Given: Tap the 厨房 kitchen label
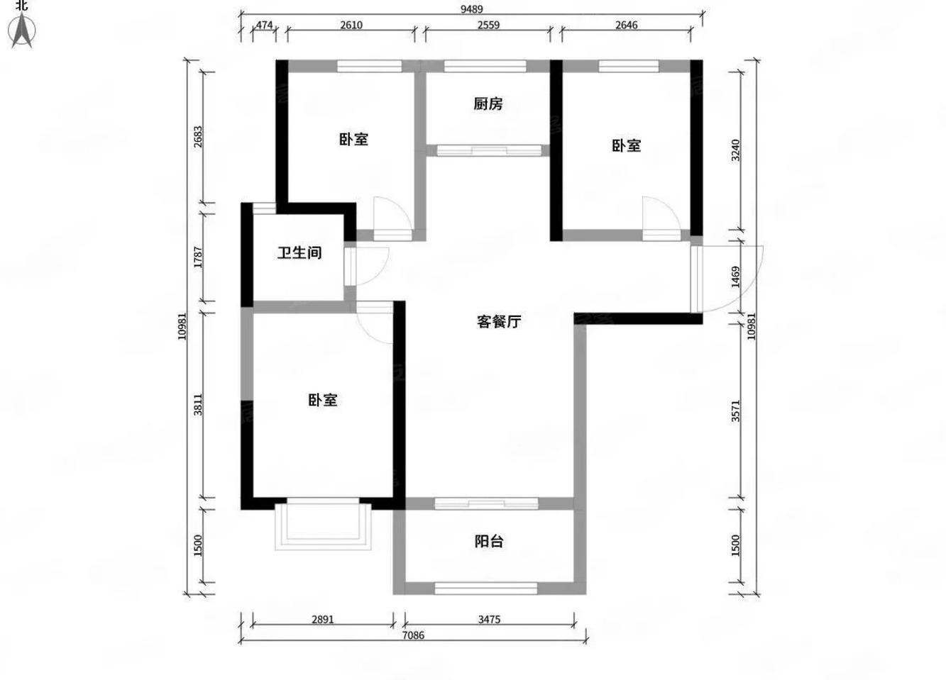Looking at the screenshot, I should (488, 104).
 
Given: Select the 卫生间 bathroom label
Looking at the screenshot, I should (299, 252).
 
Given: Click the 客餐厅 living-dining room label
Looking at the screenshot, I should (498, 321).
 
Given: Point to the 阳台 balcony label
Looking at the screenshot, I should (488, 542).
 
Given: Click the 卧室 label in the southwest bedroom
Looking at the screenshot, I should (322, 400).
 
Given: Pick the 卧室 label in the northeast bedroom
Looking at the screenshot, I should (626, 145).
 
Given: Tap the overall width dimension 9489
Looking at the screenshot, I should (471, 9).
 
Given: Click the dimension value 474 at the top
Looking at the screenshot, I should (264, 25).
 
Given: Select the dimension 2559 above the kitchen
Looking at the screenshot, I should (488, 25).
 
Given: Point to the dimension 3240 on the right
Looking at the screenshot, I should (736, 150).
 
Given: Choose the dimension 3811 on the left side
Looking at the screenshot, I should (199, 404).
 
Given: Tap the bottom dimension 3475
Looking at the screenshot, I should (488, 619).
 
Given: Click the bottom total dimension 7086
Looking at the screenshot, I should (413, 635).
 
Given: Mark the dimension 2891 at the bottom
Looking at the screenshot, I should (322, 619).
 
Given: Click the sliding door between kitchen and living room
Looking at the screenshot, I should (488, 150).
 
